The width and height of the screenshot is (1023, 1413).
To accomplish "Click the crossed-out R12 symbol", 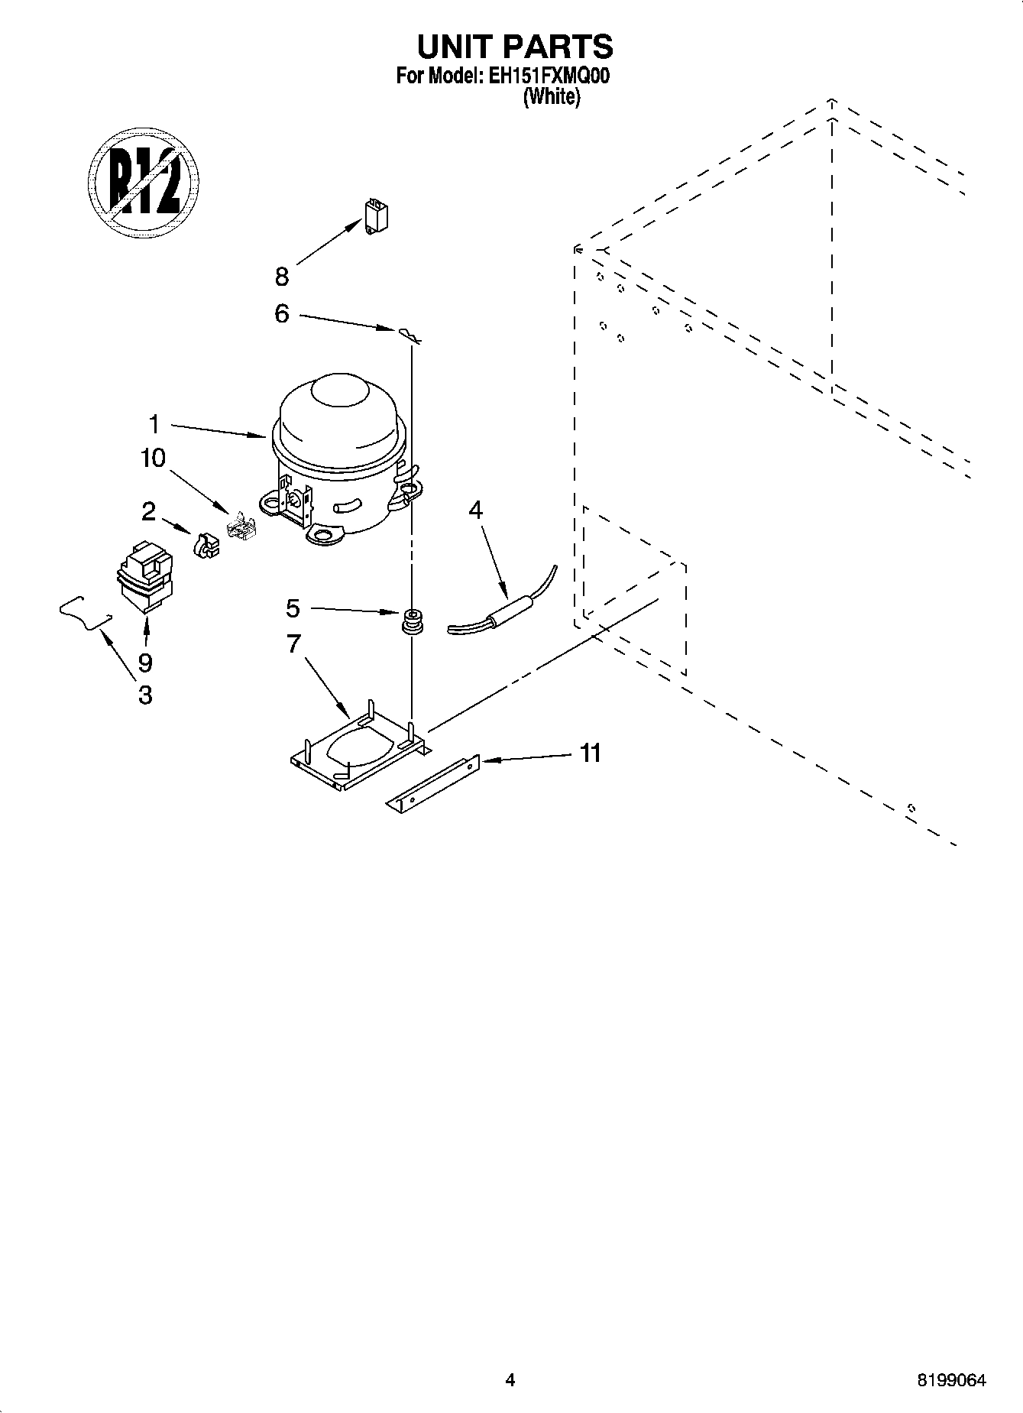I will [x=143, y=182].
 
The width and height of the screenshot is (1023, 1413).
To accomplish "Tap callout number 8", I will [x=281, y=277].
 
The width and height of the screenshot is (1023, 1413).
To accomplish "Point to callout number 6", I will [x=281, y=313].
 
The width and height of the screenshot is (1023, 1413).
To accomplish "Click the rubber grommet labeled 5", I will [x=413, y=620].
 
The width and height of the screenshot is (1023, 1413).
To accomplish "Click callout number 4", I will [x=476, y=510].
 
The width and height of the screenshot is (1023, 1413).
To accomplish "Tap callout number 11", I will [x=590, y=753].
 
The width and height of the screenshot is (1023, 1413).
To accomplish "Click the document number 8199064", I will [x=951, y=1380].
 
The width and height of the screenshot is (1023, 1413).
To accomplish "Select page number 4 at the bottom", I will [x=510, y=1380].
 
